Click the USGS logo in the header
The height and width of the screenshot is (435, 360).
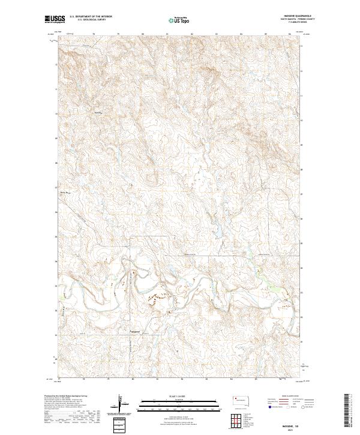coord(54,19)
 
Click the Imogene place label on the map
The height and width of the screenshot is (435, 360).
coord(138,330)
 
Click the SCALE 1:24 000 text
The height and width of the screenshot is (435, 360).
coord(180,395)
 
